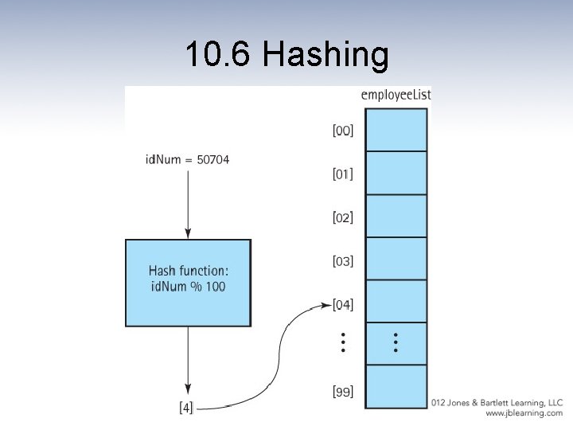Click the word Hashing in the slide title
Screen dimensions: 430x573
click(x=325, y=57)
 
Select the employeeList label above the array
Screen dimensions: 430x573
click(x=396, y=96)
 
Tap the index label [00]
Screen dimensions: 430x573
click(x=343, y=131)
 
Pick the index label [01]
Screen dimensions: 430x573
click(x=343, y=174)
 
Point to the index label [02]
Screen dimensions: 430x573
click(x=343, y=217)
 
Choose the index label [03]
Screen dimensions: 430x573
click(x=343, y=260)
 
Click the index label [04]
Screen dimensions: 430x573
click(x=343, y=304)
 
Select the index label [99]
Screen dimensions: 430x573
click(x=343, y=391)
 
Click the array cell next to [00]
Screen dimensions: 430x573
click(x=396, y=130)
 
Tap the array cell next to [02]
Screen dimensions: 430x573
click(x=396, y=216)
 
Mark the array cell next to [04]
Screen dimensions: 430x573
click(x=396, y=302)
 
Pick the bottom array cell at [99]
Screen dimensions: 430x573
click(x=396, y=387)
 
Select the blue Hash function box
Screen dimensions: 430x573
click(x=188, y=283)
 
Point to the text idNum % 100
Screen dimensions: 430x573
click(x=188, y=287)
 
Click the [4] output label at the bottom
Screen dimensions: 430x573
click(x=185, y=408)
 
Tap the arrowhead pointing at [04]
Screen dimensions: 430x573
click(x=324, y=304)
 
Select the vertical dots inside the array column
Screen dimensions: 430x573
click(x=396, y=343)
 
